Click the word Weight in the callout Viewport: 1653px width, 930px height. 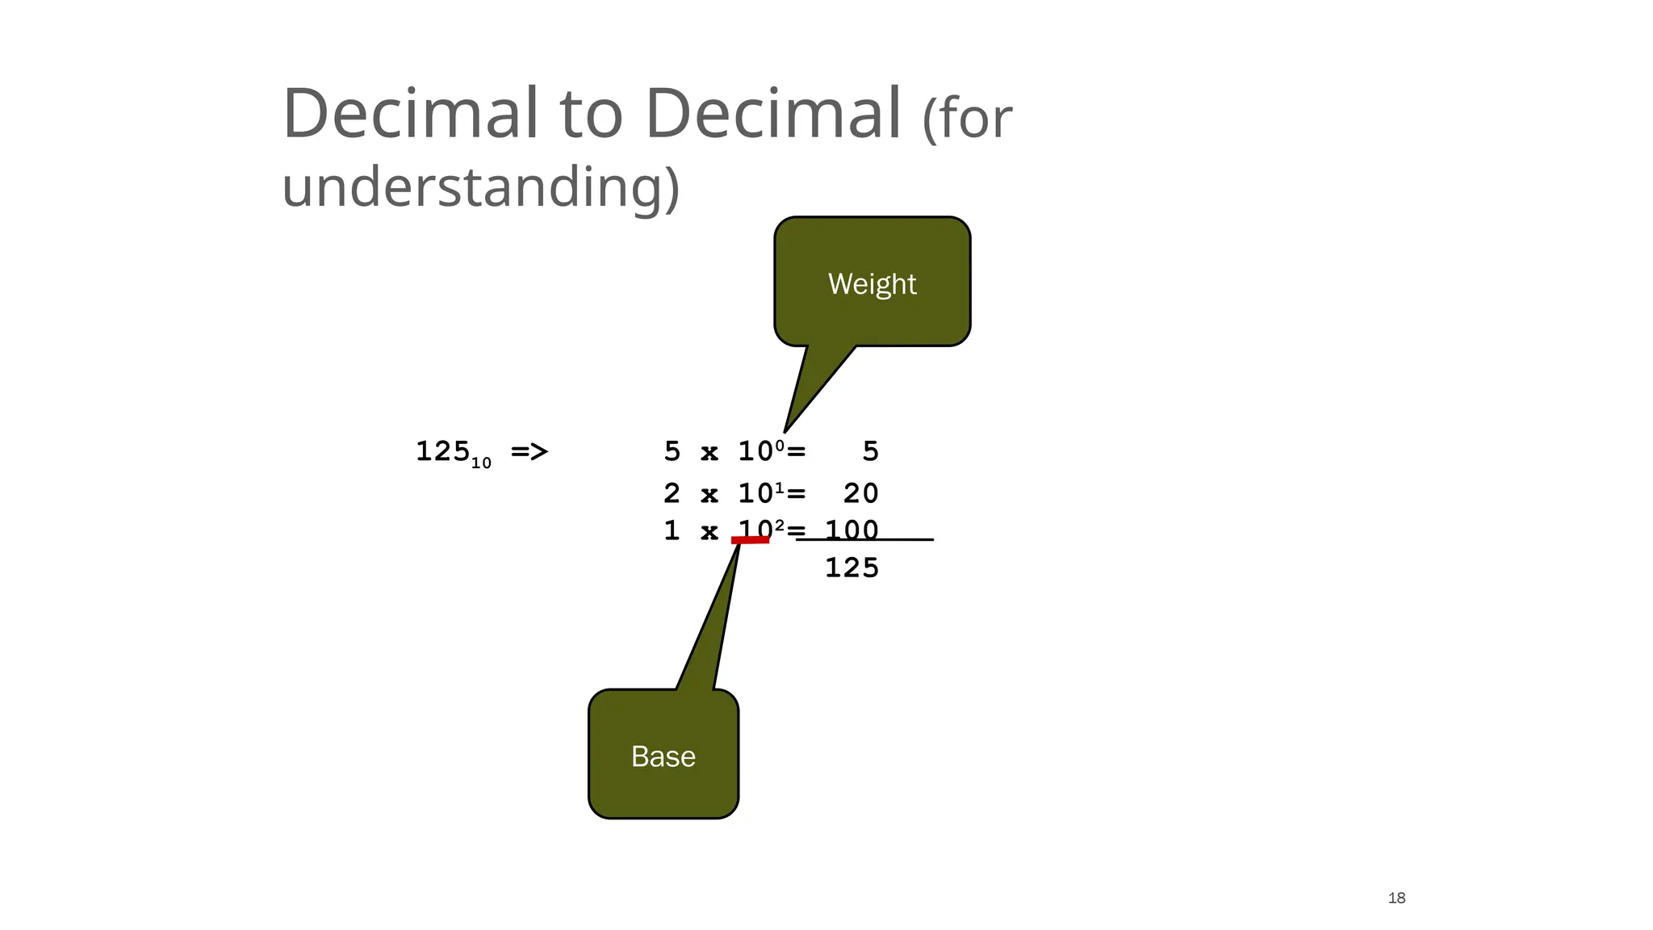pyautogui.click(x=872, y=284)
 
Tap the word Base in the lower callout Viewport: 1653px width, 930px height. pyautogui.click(x=663, y=756)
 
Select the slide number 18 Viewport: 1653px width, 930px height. pyautogui.click(x=1396, y=898)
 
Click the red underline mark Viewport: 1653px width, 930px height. pyautogui.click(x=750, y=540)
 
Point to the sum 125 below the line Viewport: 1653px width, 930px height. pyautogui.click(x=852, y=568)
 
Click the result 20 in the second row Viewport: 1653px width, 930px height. pyautogui.click(x=860, y=492)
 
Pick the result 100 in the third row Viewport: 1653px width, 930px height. pyautogui.click(x=852, y=530)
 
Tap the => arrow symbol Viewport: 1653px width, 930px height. pyautogui.click(x=529, y=451)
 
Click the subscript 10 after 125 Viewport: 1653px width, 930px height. pyautogui.click(x=481, y=463)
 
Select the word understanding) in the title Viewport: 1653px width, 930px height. pyautogui.click(x=480, y=187)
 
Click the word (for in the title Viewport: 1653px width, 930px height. pyautogui.click(x=966, y=119)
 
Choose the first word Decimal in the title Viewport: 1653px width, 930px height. pyautogui.click(x=411, y=113)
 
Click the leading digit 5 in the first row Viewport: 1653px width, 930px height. pyautogui.click(x=672, y=451)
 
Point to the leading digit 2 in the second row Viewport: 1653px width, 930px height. pyautogui.click(x=672, y=492)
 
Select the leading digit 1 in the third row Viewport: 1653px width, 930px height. pyautogui.click(x=672, y=530)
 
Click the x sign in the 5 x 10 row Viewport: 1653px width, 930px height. pyautogui.click(x=709, y=452)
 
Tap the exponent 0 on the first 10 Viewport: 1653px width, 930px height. pyautogui.click(x=780, y=443)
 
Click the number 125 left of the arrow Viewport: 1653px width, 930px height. pyautogui.click(x=442, y=450)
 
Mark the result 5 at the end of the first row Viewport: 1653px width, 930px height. pyautogui.click(x=870, y=451)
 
